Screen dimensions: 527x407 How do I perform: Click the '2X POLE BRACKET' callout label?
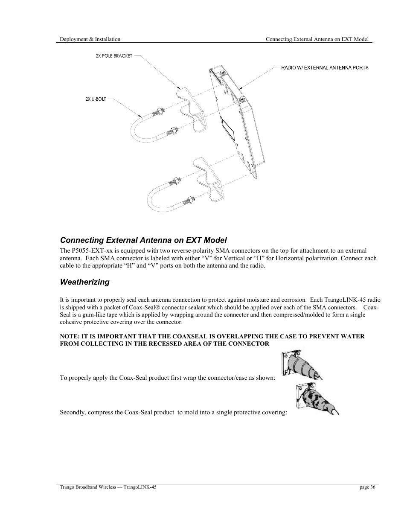tap(113, 56)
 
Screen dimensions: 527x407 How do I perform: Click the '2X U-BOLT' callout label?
tap(95, 99)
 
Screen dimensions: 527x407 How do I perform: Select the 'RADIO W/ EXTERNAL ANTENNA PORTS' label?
tap(324, 67)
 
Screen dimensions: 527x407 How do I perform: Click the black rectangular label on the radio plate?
tap(228, 130)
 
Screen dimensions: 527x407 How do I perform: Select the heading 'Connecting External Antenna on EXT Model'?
tap(143, 240)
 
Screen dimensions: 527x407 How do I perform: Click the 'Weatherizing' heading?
tap(84, 282)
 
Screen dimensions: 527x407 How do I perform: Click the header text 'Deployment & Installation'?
tap(90, 39)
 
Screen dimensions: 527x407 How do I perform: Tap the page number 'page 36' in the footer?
tap(367, 487)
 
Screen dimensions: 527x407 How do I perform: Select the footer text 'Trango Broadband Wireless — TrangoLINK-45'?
tap(108, 487)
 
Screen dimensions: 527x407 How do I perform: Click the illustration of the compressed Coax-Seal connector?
tap(316, 399)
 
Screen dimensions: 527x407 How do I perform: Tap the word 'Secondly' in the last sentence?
tap(73, 412)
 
